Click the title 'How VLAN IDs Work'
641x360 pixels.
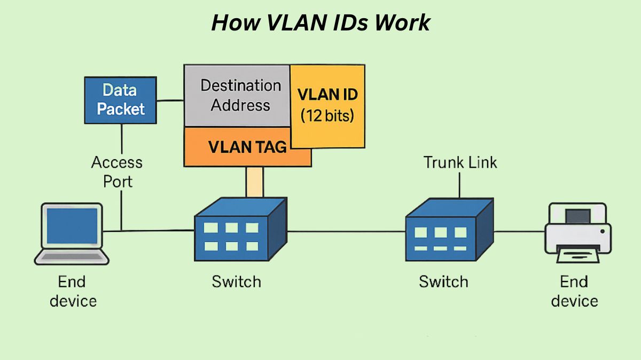(x=320, y=23)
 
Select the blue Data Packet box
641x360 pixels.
(x=121, y=100)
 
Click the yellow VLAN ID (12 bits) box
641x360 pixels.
(x=327, y=106)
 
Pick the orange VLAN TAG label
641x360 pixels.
(x=247, y=147)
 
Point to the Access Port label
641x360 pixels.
(x=117, y=171)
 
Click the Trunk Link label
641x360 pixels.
(x=460, y=162)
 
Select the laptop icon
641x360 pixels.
(x=72, y=233)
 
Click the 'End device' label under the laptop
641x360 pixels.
(x=73, y=291)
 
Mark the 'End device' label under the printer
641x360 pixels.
(x=574, y=291)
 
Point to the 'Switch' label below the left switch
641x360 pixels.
(x=236, y=281)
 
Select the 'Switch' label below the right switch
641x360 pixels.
(x=443, y=281)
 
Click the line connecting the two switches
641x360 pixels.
(x=347, y=232)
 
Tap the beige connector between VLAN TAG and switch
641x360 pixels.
(x=255, y=182)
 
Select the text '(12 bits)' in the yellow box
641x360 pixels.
(x=327, y=115)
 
